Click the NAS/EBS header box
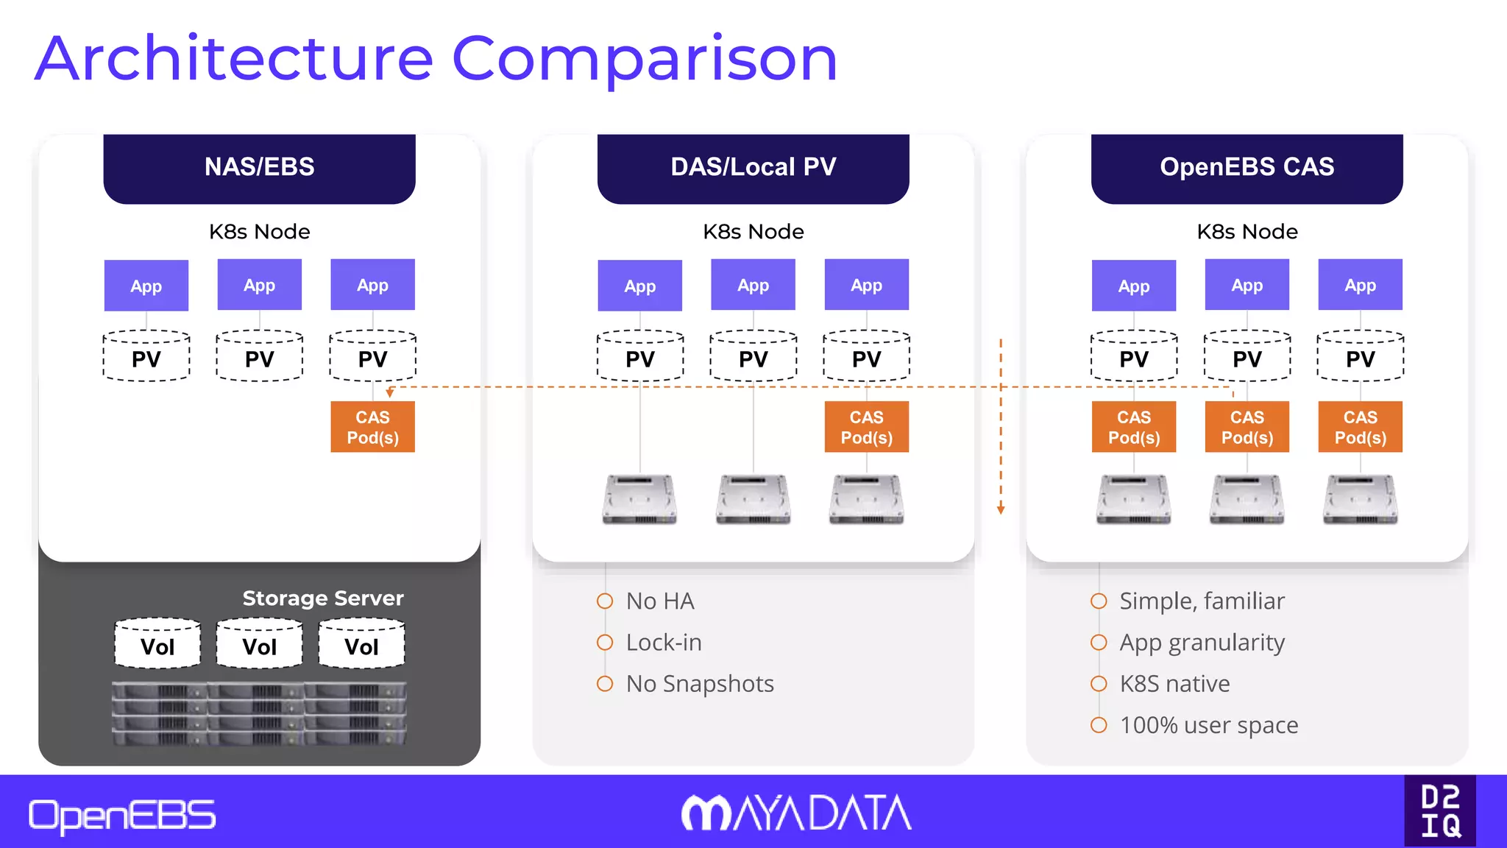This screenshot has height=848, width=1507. (x=259, y=168)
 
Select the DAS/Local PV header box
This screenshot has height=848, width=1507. (x=753, y=168)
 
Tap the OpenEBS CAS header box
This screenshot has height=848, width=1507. (x=1247, y=168)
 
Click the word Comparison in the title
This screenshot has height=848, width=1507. (x=644, y=59)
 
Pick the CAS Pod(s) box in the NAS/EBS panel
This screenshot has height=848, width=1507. (x=372, y=427)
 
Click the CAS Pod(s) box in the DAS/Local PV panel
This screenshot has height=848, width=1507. (x=866, y=427)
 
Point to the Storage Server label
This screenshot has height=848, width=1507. (x=323, y=598)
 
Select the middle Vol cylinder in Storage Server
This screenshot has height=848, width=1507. (x=259, y=645)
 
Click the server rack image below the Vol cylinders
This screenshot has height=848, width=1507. (x=259, y=713)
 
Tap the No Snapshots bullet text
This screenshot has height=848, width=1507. (x=700, y=684)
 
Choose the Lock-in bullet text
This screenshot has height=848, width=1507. (x=664, y=643)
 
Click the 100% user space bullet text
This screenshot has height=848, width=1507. (x=1208, y=725)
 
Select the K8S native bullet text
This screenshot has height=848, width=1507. (x=1174, y=684)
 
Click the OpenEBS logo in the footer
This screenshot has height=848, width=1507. (x=122, y=816)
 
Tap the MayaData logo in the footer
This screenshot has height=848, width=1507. (x=796, y=813)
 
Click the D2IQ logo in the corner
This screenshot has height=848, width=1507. (x=1440, y=810)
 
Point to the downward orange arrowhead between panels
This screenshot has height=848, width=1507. (x=1001, y=509)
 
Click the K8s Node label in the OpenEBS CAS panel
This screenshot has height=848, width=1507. (x=1247, y=232)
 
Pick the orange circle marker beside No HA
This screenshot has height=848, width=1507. (x=605, y=601)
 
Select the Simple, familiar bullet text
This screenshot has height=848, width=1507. (x=1202, y=601)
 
